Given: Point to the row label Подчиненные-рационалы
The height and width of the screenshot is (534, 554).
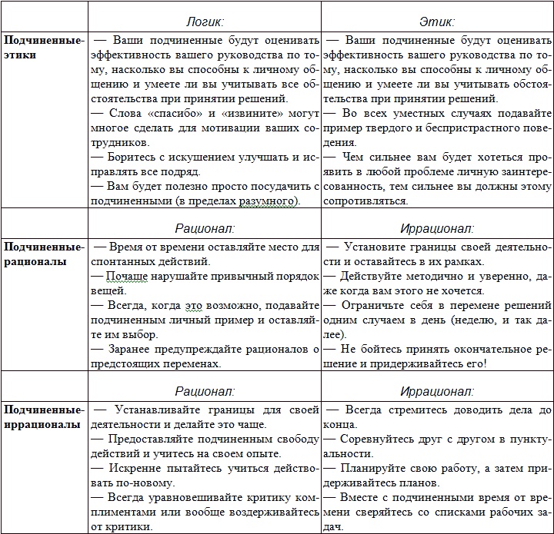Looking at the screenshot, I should (43, 254).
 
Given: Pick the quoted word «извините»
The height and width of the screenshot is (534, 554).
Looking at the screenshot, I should (249, 113).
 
